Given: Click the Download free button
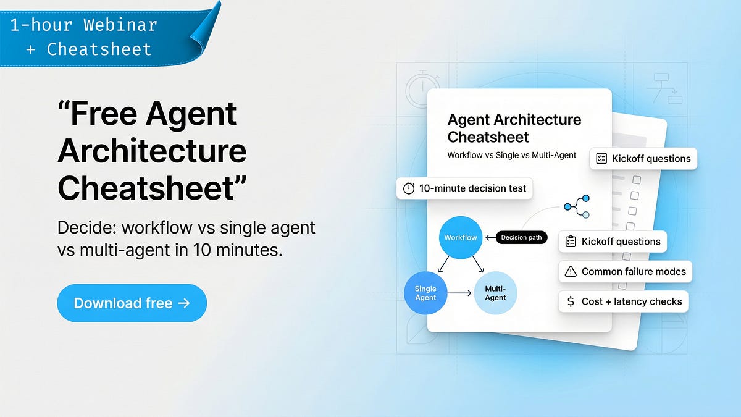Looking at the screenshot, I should click(x=132, y=303).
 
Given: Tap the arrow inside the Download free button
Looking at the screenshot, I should click(x=183, y=303).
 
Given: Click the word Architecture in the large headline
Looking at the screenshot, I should click(x=152, y=151).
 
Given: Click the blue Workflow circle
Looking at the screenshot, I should click(x=461, y=238).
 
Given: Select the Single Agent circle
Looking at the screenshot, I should click(x=425, y=293).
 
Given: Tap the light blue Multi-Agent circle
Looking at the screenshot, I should click(x=495, y=293).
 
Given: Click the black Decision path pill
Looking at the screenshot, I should click(x=521, y=238).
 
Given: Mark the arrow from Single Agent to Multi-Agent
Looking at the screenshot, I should click(x=459, y=293).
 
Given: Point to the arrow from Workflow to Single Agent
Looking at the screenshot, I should click(x=442, y=264).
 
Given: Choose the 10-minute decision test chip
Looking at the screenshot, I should click(x=464, y=188).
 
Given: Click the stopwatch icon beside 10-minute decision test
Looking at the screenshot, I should click(x=409, y=188).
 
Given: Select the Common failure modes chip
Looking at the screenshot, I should click(x=625, y=271).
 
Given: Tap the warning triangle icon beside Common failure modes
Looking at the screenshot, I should click(x=571, y=271).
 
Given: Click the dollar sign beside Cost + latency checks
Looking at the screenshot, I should click(x=570, y=301).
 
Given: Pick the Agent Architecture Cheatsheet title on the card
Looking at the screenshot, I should click(x=514, y=128).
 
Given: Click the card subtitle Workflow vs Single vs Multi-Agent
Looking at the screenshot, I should click(x=512, y=155).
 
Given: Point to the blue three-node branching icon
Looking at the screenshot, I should click(x=577, y=206).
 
